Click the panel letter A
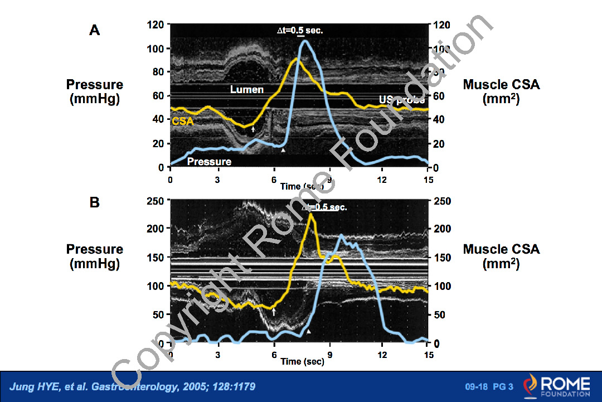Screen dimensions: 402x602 95,30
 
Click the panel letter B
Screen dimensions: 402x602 95,201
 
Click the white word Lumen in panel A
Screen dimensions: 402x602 247,89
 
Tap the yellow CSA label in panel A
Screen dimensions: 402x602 182,120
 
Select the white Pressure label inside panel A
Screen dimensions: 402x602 209,162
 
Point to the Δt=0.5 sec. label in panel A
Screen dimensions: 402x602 300,31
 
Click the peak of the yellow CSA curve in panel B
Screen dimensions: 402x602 310,214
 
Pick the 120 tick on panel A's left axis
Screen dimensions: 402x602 156,25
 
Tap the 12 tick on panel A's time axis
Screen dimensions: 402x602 381,180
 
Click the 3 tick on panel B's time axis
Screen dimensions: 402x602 218,355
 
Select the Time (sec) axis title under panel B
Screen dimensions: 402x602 302,361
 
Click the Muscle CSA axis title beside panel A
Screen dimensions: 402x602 501,91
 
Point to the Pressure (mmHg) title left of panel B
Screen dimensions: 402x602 95,256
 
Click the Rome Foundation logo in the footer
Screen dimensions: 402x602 556,386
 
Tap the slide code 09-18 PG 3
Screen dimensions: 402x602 489,387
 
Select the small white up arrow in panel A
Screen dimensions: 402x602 253,129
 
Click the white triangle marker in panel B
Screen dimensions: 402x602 309,331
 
